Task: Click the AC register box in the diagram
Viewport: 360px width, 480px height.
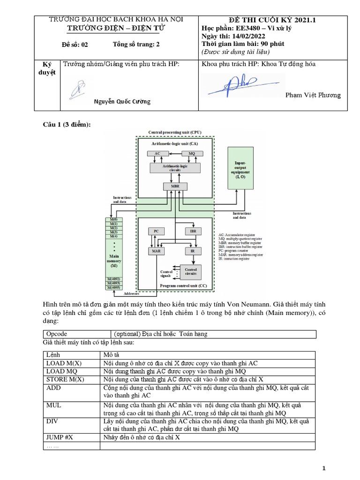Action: [x=157, y=153]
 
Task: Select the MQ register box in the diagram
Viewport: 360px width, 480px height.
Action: [x=191, y=153]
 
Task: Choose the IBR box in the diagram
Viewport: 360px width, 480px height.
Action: [x=193, y=231]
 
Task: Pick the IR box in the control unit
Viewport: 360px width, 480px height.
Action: [x=193, y=251]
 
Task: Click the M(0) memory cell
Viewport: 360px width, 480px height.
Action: [x=113, y=219]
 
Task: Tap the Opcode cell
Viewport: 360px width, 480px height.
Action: [x=57, y=334]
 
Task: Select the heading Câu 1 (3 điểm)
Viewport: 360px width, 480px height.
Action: [x=67, y=124]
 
